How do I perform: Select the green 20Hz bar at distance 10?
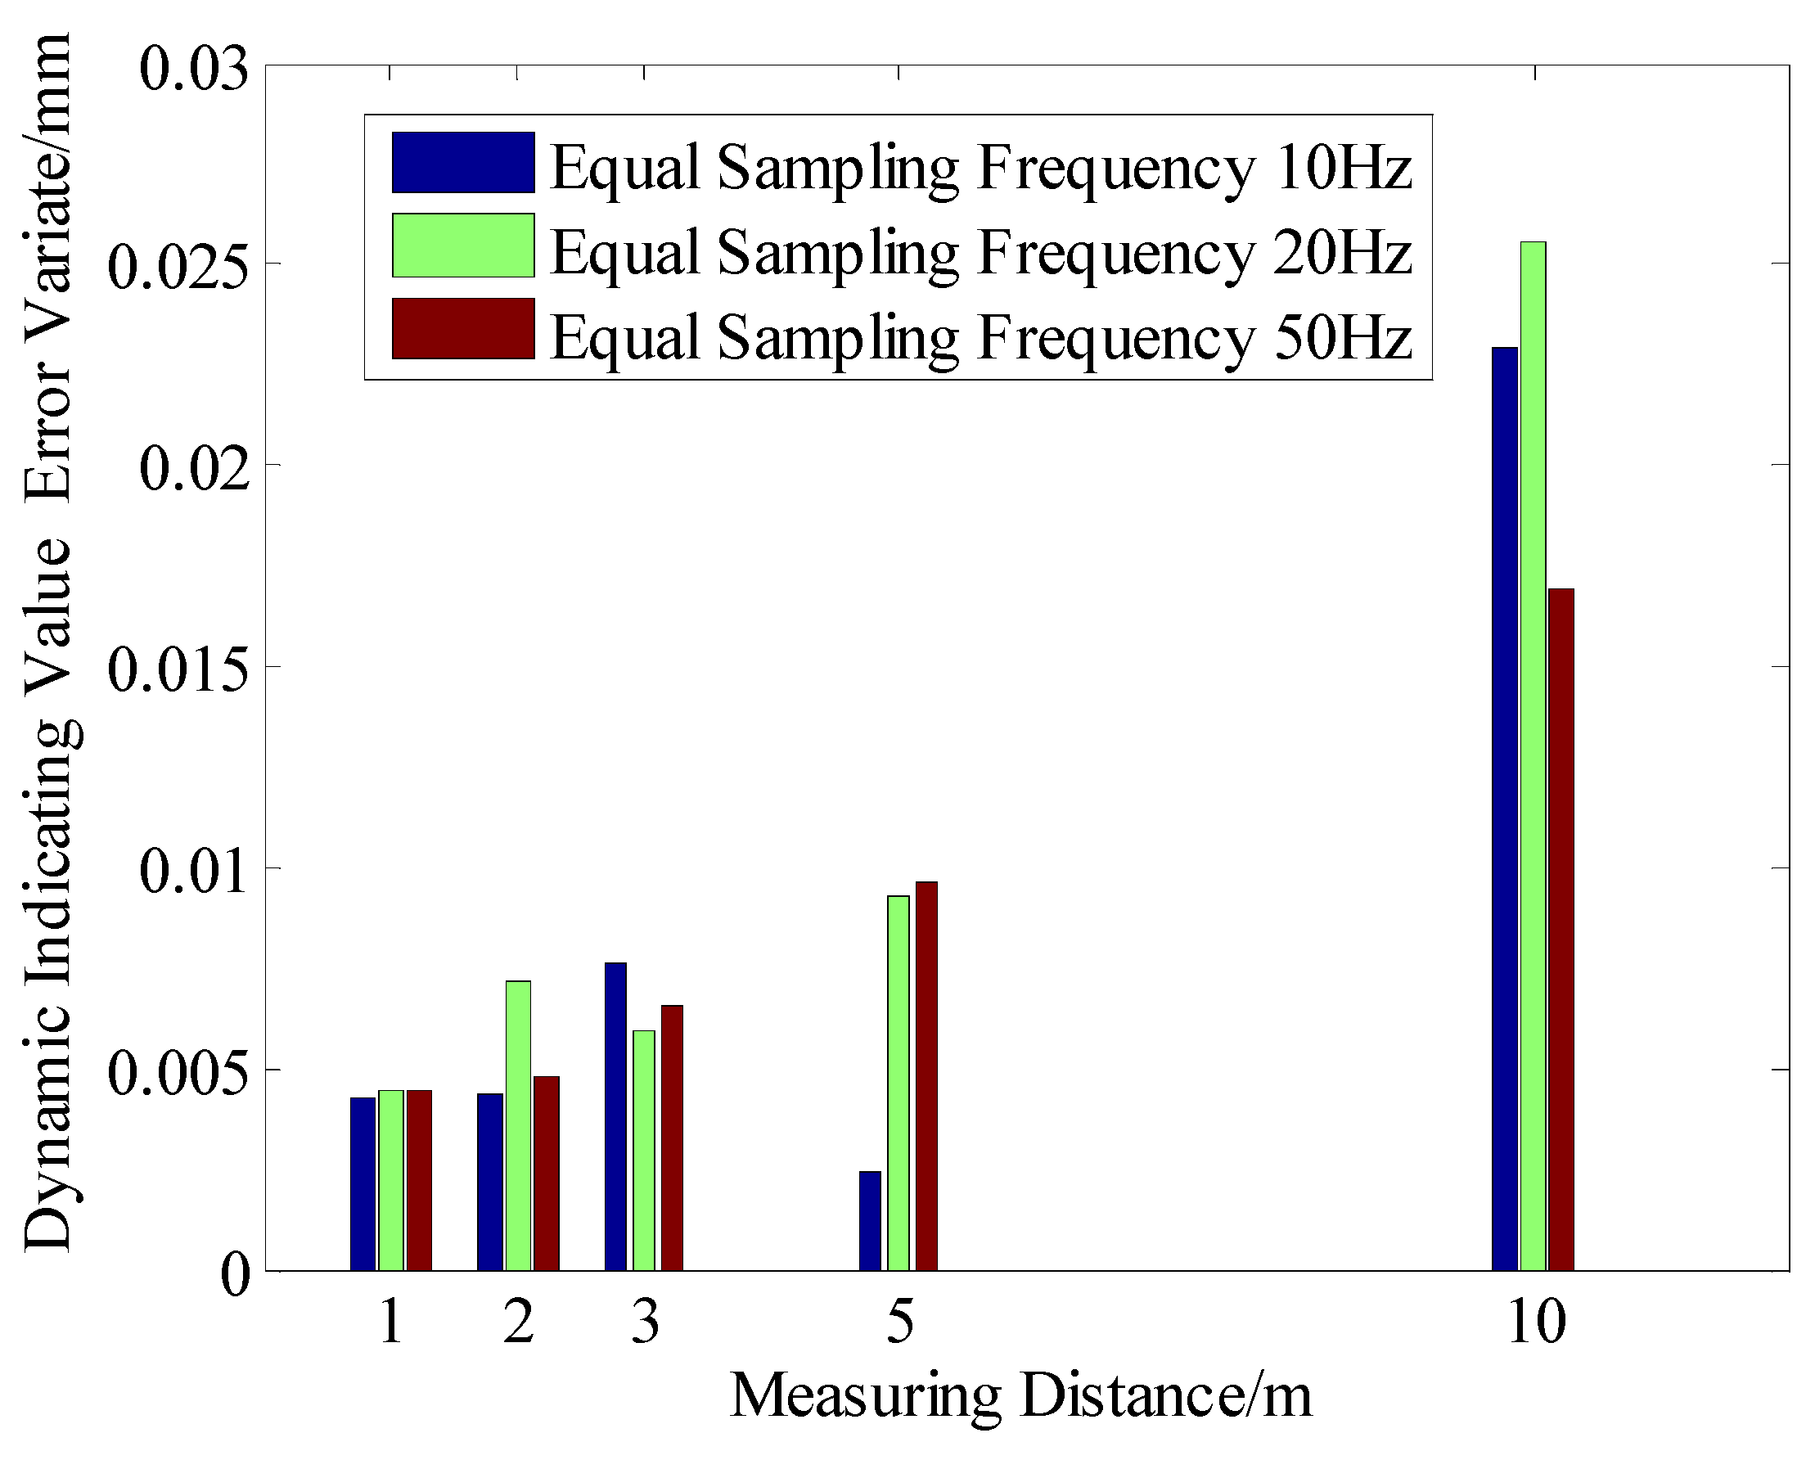[x=1533, y=757]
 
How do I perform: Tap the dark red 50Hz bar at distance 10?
[x=1561, y=930]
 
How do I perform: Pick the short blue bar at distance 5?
[x=870, y=1220]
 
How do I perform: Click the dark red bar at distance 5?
[x=926, y=1076]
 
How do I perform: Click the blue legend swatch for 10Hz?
[x=463, y=162]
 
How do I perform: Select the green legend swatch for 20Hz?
[x=463, y=246]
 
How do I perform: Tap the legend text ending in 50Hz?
[x=980, y=336]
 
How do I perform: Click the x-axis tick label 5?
[x=899, y=1321]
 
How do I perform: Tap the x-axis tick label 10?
[x=1535, y=1321]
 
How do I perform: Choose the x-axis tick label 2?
[x=518, y=1321]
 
